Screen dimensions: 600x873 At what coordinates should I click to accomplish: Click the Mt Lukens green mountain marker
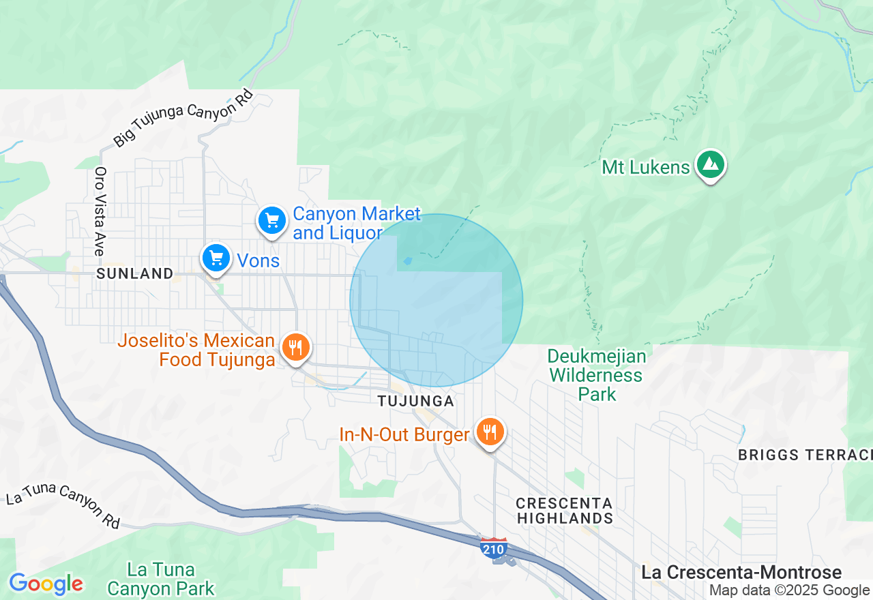pos(711,165)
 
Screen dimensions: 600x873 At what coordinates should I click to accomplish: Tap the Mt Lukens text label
pos(645,167)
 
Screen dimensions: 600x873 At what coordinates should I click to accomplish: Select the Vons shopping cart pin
pos(216,258)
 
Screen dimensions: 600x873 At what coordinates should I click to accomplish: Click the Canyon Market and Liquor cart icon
pos(272,220)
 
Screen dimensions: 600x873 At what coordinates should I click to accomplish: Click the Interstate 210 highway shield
pos(493,547)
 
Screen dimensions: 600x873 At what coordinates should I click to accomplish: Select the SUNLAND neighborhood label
pos(135,274)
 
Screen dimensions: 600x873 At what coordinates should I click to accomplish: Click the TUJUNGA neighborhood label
pos(416,401)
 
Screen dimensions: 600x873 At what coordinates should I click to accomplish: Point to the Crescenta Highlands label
pos(564,511)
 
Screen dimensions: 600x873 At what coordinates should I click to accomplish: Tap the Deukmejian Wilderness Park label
pos(597,375)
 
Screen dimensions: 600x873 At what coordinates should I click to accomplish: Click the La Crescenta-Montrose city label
pos(741,573)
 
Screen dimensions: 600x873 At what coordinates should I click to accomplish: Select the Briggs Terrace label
pos(805,455)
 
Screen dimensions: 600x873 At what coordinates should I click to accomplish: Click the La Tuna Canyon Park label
pos(161,579)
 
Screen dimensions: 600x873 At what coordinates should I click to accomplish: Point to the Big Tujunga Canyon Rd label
pos(183,118)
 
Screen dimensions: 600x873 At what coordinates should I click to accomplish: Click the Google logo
pos(46,584)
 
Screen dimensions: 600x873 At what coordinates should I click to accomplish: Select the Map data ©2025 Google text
pos(789,590)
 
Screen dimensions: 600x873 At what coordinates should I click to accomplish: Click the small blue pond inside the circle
pos(408,260)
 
